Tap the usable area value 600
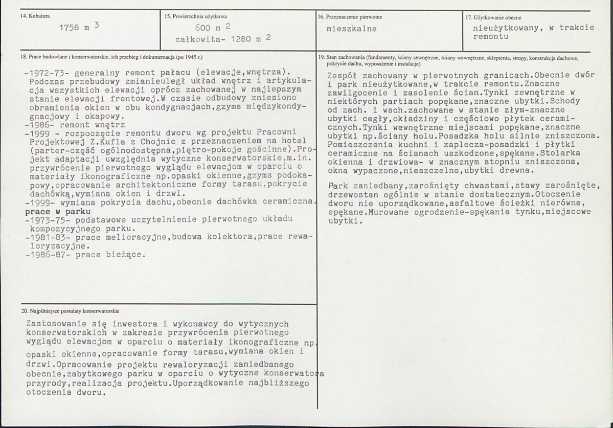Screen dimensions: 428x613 (x=203, y=29)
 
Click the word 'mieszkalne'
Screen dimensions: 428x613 (x=351, y=29)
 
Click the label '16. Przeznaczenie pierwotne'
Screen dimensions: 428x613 (x=350, y=17)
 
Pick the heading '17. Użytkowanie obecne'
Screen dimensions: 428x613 (x=493, y=17)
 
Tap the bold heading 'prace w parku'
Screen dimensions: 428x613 (x=58, y=212)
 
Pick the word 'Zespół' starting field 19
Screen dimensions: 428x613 (x=342, y=74)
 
